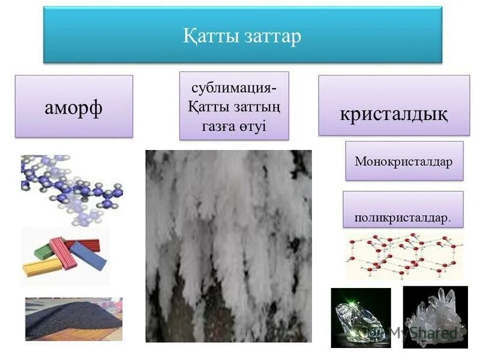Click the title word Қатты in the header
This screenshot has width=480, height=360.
coord(211,36)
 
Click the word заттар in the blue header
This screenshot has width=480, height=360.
coord(272,36)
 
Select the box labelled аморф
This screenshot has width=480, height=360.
coord(74,106)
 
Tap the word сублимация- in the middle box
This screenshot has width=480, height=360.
coord(234,88)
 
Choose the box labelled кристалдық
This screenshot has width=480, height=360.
coord(394,113)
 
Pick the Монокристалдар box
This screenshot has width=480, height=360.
coord(404,161)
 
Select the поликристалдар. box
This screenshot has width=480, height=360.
coord(403,217)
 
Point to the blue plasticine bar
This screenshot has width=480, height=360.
coord(88,256)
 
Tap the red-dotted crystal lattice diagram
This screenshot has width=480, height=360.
coord(404,256)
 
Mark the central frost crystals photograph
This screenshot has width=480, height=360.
coord(229,246)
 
